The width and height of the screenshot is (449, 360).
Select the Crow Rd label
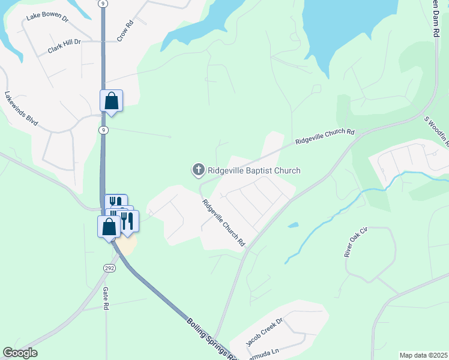tap(124, 32)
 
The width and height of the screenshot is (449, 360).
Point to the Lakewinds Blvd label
tap(21, 109)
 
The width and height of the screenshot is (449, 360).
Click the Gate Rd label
tap(106, 298)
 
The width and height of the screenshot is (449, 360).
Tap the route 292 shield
tap(109, 268)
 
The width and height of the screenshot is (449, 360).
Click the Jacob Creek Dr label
tap(264, 332)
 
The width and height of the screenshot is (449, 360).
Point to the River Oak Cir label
tap(355, 242)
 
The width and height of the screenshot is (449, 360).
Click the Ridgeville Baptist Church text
tap(254, 171)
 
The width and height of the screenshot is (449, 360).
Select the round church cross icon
tap(198, 170)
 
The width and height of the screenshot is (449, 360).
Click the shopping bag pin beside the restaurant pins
tap(109, 227)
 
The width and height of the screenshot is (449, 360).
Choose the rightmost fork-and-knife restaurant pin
tap(128, 221)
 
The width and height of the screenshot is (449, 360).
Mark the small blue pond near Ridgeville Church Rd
tap(293, 226)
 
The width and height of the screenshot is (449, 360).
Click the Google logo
tap(20, 353)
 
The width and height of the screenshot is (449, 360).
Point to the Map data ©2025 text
tap(424, 355)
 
